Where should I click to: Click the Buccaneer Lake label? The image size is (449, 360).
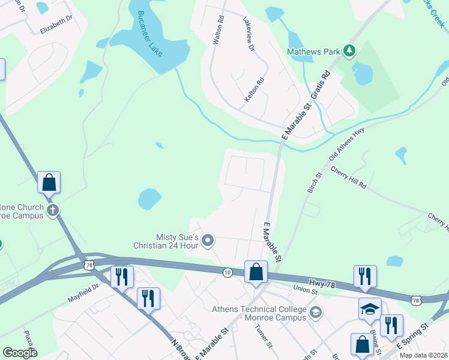coord(150,34)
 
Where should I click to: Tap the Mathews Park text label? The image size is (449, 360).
coord(313,52)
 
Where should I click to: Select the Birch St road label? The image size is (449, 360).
coord(315,182)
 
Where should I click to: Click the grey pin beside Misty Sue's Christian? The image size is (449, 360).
coord(208,241)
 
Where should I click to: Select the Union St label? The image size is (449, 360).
coord(305,290)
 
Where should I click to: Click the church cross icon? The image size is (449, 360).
coord(53,210)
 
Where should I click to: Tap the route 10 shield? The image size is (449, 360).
coord(228,272)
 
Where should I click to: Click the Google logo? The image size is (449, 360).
coord(20,353)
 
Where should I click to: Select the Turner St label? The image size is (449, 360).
coord(264,337)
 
